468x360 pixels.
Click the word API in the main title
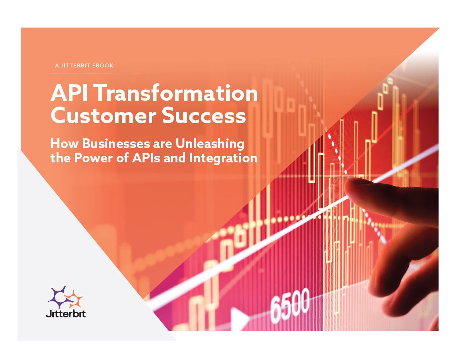(x=69, y=93)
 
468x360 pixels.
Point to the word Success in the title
(x=204, y=116)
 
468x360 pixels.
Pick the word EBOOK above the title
(x=103, y=65)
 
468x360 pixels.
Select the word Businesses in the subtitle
(x=117, y=143)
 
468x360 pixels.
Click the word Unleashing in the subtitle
(x=210, y=144)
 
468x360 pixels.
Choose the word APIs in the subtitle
(x=146, y=158)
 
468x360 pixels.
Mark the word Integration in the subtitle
(x=223, y=158)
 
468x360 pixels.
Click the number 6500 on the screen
(x=290, y=305)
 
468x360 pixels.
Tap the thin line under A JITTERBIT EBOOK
(x=101, y=74)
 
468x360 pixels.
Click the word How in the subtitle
(x=64, y=143)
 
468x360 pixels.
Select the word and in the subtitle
(x=175, y=158)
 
